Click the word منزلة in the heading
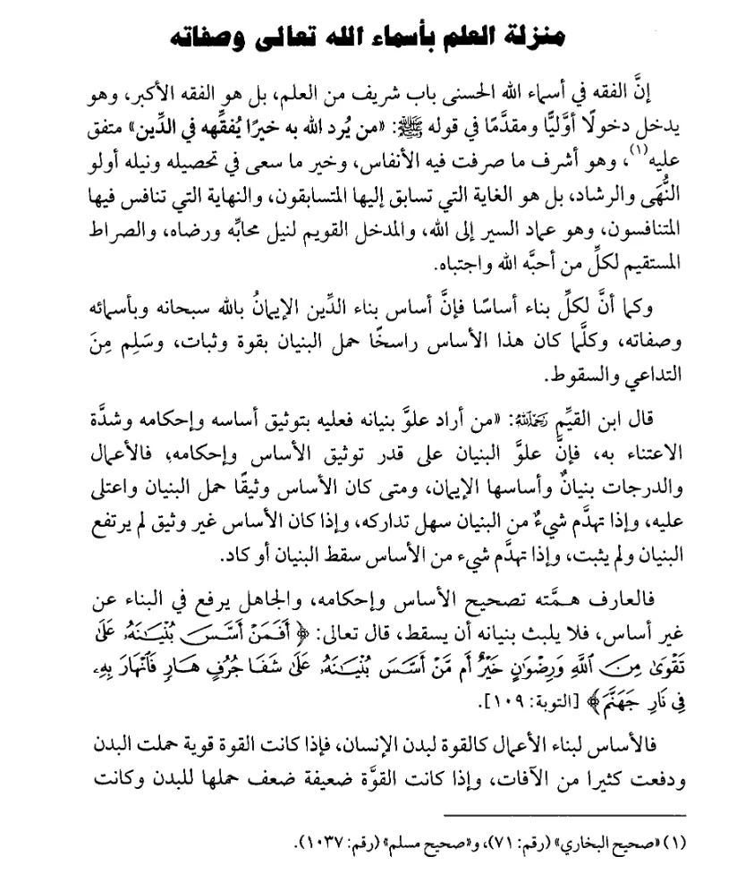click(x=533, y=38)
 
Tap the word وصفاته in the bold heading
click(x=215, y=38)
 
